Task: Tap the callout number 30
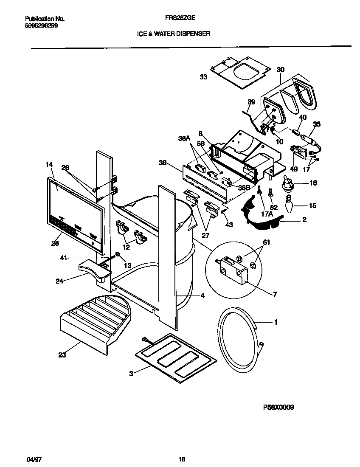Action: click(281, 70)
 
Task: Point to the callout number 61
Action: click(267, 242)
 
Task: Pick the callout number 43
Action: click(229, 225)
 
